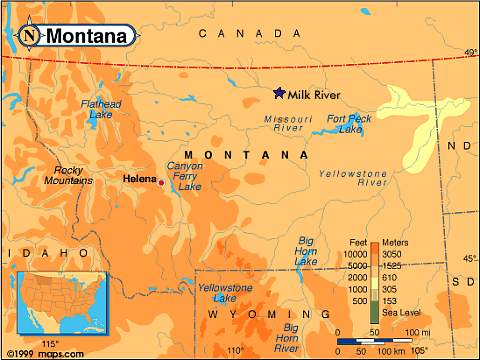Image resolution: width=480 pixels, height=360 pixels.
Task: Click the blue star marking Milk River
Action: [x=279, y=93]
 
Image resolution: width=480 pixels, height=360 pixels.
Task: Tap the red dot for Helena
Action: [x=162, y=183]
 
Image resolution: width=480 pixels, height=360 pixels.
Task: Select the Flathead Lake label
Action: [x=100, y=109]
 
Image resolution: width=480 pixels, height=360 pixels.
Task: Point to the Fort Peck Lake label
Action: [x=349, y=124]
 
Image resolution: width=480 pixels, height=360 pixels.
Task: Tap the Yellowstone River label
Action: [x=353, y=178]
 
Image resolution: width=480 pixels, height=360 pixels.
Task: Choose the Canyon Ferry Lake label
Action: [x=184, y=176]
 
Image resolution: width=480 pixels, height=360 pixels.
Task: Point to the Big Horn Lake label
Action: [x=306, y=251]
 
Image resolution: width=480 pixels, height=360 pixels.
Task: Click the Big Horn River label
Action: [x=290, y=338]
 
